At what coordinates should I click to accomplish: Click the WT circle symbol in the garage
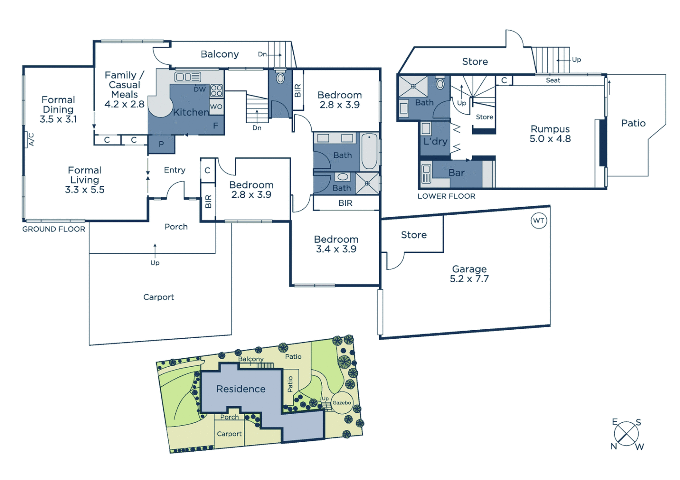538,220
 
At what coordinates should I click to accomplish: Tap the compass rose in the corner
626,434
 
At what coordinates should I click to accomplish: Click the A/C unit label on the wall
31,140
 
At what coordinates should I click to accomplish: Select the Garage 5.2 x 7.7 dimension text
469,279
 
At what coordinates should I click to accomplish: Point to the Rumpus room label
550,129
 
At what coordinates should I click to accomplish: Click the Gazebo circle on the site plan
342,403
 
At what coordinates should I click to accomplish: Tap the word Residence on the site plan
241,389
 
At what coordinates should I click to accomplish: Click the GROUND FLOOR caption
54,229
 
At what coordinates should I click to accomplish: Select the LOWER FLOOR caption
446,196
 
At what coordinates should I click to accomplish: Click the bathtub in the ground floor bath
369,152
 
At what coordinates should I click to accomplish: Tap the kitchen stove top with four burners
217,91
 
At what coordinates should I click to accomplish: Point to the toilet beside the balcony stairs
280,78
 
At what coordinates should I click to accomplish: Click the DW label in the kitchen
200,89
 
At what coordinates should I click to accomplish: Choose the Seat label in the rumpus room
553,80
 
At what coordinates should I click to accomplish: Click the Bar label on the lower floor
456,173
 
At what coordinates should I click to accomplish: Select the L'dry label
435,142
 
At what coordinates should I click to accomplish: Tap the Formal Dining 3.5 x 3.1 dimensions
58,119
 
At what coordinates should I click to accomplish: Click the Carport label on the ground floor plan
158,297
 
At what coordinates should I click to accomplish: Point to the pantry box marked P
161,144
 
